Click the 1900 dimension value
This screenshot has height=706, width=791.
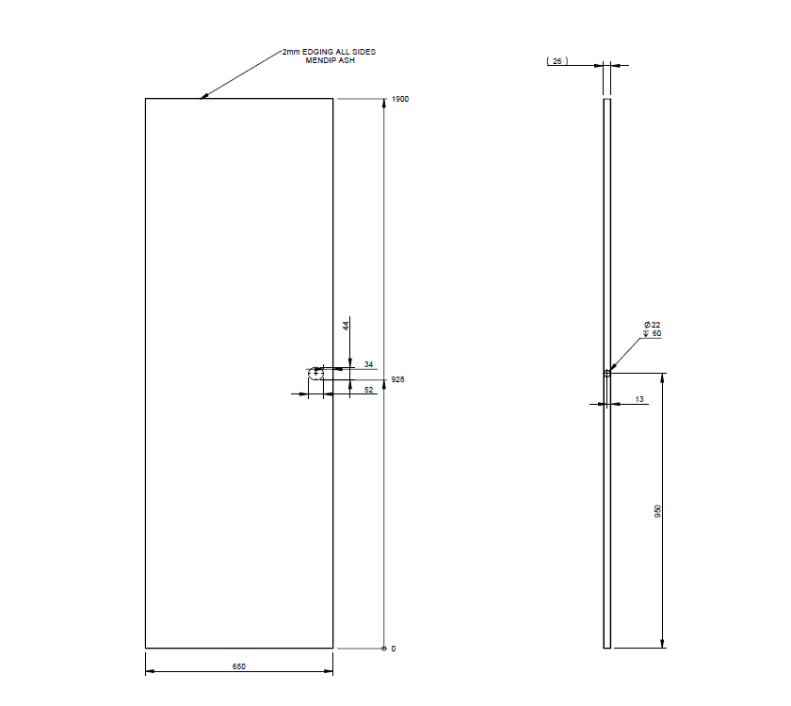(x=400, y=99)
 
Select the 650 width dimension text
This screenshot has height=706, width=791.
(x=239, y=666)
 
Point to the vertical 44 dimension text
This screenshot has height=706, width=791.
(x=346, y=325)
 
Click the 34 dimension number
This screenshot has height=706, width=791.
(x=369, y=364)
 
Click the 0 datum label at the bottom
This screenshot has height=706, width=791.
(x=394, y=649)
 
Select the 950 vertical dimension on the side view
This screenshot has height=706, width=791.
(x=657, y=511)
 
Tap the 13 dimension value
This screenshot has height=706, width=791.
(x=639, y=399)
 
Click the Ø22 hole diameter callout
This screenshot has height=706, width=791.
(x=653, y=325)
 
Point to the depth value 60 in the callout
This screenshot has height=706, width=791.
(x=656, y=333)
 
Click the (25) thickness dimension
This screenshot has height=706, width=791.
(x=557, y=61)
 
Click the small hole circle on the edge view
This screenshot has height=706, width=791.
(x=607, y=373)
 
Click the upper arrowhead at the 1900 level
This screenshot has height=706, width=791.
(x=383, y=103)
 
